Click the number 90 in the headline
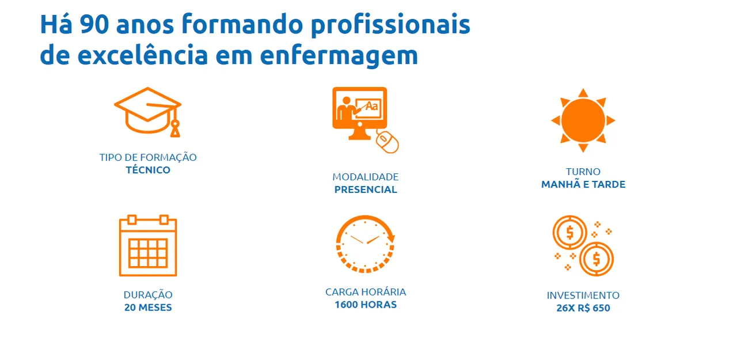point(94,25)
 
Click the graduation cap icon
point(148,112)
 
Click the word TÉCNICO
point(148,170)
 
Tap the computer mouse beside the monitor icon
point(388,141)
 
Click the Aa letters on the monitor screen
point(372,107)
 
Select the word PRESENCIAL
point(366,190)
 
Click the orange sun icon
point(583,120)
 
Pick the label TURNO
point(583,172)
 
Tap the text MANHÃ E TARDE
point(583,184)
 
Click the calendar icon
point(148,245)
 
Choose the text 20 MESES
point(148,308)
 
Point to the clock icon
point(365,244)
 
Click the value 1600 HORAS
point(366,305)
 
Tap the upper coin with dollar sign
point(570,233)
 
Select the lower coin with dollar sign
point(596,259)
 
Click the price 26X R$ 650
point(583,308)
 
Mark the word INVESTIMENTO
point(583,295)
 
